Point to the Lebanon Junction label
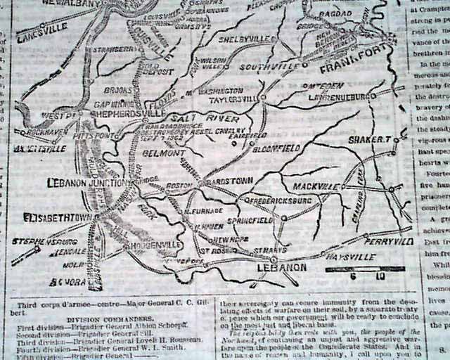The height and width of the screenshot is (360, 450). (x=85, y=183)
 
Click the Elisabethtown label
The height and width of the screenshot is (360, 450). (x=57, y=217)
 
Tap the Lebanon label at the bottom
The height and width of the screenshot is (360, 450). (x=281, y=267)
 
